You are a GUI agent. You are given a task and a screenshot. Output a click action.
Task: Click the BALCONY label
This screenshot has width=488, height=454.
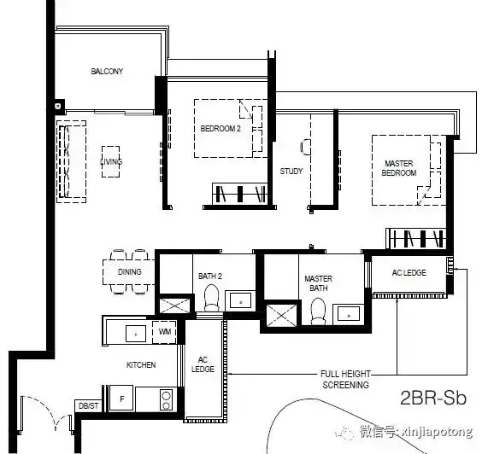pyautogui.click(x=107, y=72)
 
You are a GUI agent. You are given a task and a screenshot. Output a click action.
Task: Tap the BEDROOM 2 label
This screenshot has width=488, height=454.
pyautogui.click(x=220, y=129)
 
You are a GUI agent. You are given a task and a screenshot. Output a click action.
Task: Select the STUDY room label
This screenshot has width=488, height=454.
pyautogui.click(x=291, y=172)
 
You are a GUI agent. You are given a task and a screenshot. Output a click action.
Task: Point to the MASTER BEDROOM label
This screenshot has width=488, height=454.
pyautogui.click(x=399, y=168)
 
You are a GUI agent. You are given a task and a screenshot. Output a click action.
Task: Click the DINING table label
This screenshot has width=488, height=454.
pyautogui.click(x=129, y=272)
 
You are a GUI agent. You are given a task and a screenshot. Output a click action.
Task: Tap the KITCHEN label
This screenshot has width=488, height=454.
pyautogui.click(x=141, y=364)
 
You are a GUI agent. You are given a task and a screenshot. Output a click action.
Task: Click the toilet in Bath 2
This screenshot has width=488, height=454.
pyautogui.click(x=212, y=298)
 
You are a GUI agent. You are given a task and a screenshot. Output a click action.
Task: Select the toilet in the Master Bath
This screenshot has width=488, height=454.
pyautogui.click(x=318, y=311)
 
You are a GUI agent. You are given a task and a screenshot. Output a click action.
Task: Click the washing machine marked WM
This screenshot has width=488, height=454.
pyautogui.click(x=165, y=332)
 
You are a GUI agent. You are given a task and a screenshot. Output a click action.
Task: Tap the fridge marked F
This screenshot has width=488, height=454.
pyautogui.click(x=121, y=399)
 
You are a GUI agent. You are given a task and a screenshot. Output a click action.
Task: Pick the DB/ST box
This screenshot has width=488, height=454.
pyautogui.click(x=88, y=406)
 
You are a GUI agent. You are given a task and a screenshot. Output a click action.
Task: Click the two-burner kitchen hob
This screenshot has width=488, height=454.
pyautogui.click(x=166, y=400)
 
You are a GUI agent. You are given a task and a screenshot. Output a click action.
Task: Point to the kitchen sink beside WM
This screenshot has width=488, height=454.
pyautogui.click(x=136, y=334)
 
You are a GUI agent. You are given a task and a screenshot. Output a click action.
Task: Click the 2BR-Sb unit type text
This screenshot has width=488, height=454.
pyautogui.click(x=433, y=398)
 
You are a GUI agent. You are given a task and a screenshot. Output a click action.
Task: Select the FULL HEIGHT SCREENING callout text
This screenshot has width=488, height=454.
pyautogui.click(x=345, y=380)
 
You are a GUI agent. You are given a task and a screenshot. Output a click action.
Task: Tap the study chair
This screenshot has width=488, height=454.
pyautogui.click(x=305, y=147)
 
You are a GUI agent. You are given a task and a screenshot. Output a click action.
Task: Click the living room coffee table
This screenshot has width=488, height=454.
pyautogui.click(x=111, y=161)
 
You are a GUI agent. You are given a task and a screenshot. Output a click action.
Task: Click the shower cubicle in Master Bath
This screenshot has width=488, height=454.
pyautogui.click(x=282, y=316)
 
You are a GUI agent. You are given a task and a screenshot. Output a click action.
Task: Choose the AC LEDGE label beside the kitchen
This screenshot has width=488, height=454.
pyautogui.click(x=203, y=364)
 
